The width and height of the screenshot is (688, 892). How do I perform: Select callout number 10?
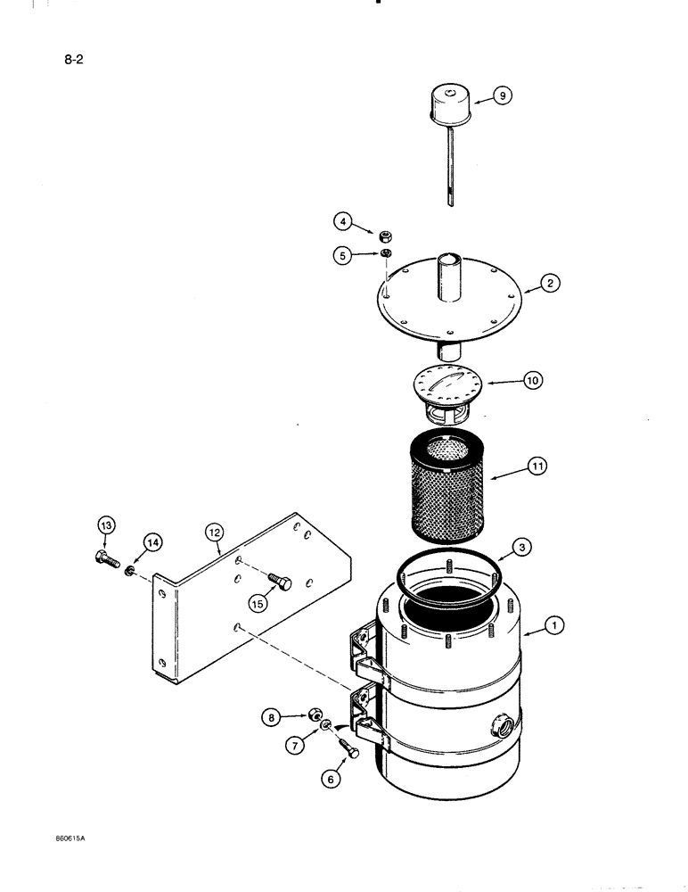pos(533,381)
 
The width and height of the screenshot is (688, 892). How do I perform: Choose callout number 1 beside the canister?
pos(553,627)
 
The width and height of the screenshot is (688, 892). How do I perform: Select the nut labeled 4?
pos(387,235)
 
